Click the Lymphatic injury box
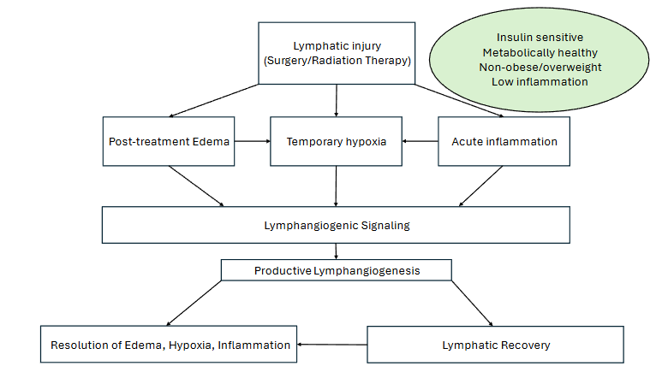[336, 53]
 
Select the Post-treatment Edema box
[169, 141]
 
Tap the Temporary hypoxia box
[336, 141]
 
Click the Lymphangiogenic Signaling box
[336, 225]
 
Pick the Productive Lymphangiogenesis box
[336, 270]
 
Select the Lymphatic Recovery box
[495, 345]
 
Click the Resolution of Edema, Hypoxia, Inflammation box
[170, 345]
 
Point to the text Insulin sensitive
[540, 38]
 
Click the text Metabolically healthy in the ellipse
[540, 52]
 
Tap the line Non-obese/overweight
[540, 67]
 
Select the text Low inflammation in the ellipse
[540, 81]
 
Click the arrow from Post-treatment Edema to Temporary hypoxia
[253, 141]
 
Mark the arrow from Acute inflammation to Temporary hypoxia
[420, 141]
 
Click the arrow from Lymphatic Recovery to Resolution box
[332, 345]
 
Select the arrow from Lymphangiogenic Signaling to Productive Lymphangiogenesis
[336, 251]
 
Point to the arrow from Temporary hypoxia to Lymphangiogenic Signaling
[336, 186]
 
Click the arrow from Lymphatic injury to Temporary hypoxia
[336, 101]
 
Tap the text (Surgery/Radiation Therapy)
[336, 62]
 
